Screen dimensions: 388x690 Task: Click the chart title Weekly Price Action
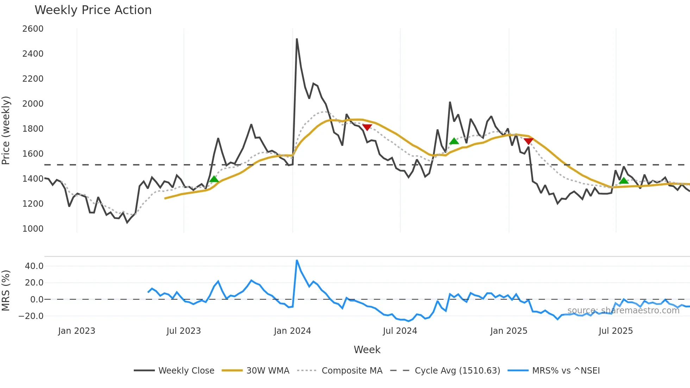click(93, 10)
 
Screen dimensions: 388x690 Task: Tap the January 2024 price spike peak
click(297, 39)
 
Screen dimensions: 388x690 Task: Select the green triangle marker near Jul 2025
click(624, 181)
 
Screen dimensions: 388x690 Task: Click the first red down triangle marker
click(367, 127)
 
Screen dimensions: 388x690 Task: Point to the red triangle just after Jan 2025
click(528, 141)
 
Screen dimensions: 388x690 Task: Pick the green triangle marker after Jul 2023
click(214, 179)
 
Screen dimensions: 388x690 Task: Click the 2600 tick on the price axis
click(33, 29)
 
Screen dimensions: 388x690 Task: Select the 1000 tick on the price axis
click(33, 229)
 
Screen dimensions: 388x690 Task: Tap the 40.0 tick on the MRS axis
click(34, 266)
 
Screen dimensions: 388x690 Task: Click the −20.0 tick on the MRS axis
click(31, 316)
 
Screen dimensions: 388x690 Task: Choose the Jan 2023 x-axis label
click(77, 331)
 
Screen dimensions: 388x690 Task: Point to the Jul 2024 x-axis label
click(400, 331)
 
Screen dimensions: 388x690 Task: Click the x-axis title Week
click(367, 350)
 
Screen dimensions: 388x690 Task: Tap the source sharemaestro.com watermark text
click(623, 311)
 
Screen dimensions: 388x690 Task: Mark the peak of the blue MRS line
click(297, 261)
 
